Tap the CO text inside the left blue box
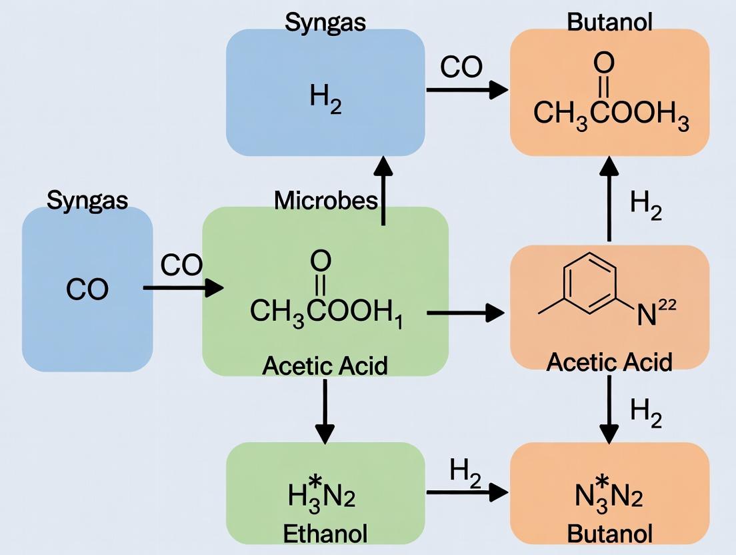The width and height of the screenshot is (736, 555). tap(87, 290)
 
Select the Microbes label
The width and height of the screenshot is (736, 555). tap(326, 199)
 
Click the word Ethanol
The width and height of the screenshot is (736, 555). tap(325, 534)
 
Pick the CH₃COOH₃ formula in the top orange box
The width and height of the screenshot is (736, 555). tap(611, 114)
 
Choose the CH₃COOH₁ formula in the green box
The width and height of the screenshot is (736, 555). tap(327, 312)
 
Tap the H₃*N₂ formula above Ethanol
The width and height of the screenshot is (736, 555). tap(322, 496)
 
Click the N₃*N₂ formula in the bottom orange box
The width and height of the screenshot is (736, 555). tap(608, 496)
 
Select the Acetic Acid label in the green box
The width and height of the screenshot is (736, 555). tap(325, 365)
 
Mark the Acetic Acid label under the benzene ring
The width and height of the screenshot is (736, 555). tap(609, 361)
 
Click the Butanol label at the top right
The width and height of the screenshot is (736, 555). tap(609, 21)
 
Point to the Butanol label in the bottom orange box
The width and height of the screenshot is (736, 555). tap(609, 534)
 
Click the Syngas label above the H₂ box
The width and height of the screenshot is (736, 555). tap(325, 21)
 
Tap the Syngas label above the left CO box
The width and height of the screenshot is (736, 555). tap(87, 199)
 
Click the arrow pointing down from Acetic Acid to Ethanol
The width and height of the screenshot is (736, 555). tap(325, 411)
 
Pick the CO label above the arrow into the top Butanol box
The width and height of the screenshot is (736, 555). tap(461, 67)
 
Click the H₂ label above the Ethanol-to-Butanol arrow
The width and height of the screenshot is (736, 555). tap(465, 471)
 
